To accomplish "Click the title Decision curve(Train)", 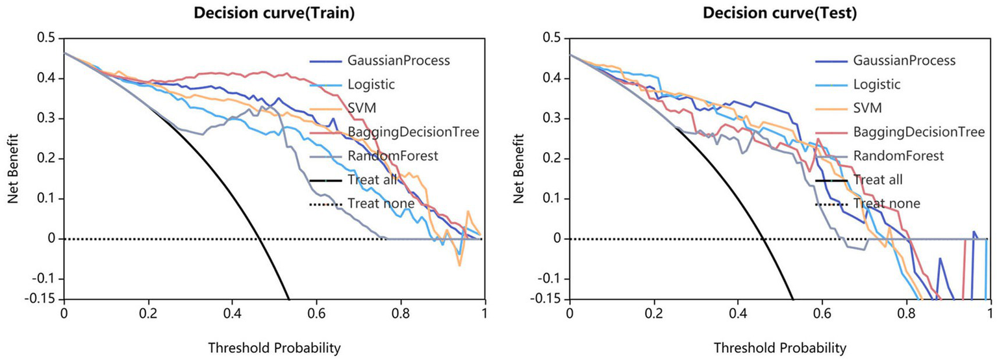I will [x=274, y=13].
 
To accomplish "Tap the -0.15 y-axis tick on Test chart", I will [x=548, y=300].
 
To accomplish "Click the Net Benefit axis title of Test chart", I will [x=519, y=169].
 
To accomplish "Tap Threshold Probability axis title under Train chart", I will [x=274, y=348].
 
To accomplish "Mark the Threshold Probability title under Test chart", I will [x=780, y=348].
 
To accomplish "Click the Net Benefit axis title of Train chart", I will [x=13, y=169].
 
